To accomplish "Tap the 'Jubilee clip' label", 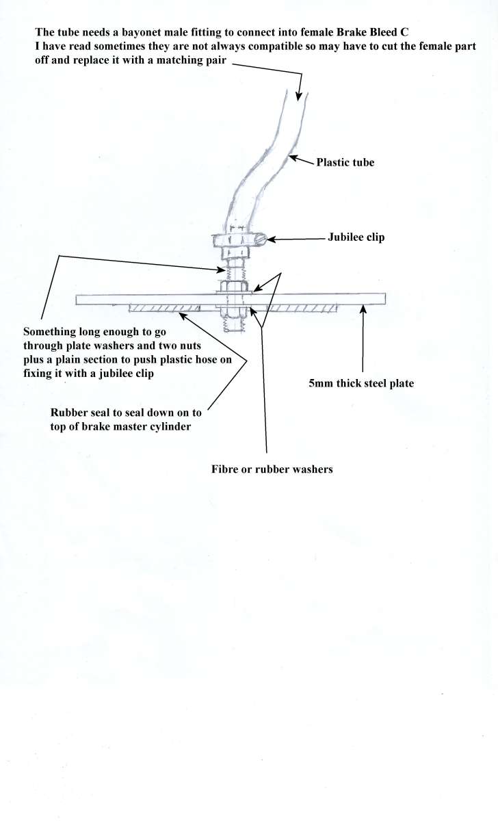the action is tap(356, 237).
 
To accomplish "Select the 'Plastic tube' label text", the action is tap(345, 162).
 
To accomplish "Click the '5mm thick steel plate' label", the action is tap(361, 383).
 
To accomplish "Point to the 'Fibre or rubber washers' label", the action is tap(272, 469).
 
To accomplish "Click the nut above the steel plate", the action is tap(234, 286).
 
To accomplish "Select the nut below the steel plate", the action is tap(234, 312).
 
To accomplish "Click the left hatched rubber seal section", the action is tap(165, 309).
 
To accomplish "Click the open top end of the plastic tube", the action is tap(296, 94).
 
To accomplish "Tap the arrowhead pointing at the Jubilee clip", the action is tap(271, 239).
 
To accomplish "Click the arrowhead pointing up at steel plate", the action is tap(363, 309).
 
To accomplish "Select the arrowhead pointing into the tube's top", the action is tap(299, 96).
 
